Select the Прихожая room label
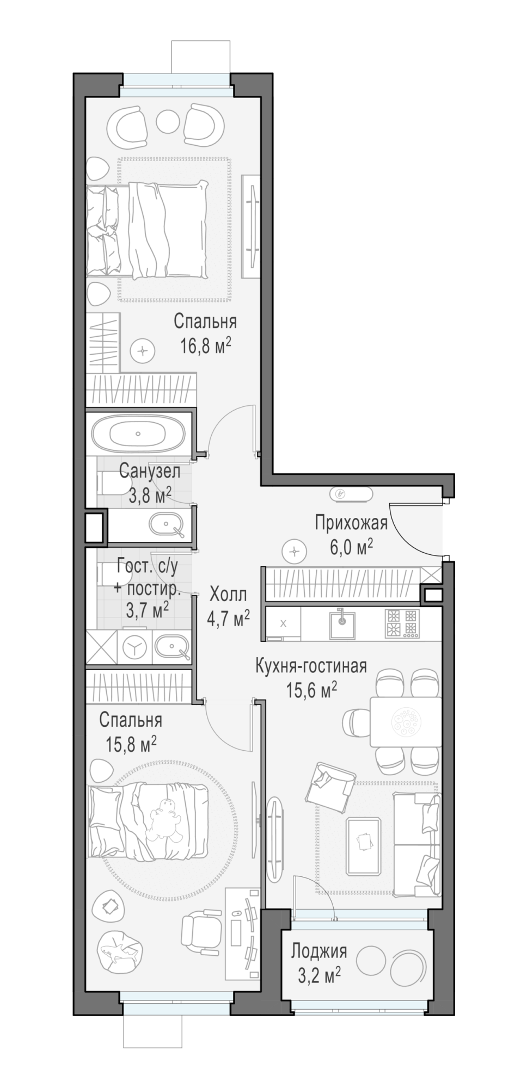click(x=351, y=523)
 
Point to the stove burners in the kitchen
click(x=402, y=623)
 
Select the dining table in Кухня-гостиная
click(x=406, y=721)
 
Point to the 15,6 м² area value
click(x=311, y=690)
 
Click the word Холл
click(x=228, y=594)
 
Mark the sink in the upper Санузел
click(x=167, y=526)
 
